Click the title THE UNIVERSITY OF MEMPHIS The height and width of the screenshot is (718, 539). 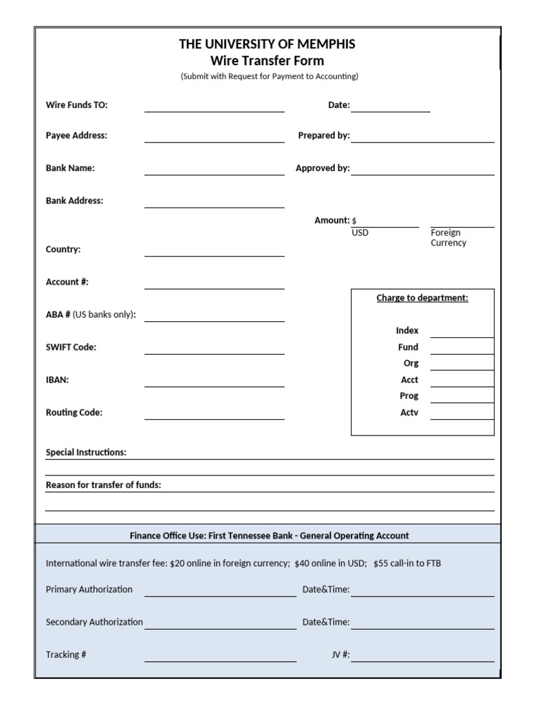click(x=267, y=44)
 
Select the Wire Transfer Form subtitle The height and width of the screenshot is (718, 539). click(x=267, y=61)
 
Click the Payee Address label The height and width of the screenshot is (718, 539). click(x=76, y=135)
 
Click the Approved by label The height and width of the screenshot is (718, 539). click(x=322, y=168)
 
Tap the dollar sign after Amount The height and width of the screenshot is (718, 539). click(x=354, y=221)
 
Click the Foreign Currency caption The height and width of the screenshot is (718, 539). click(x=448, y=238)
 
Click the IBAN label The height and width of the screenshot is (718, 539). click(x=57, y=380)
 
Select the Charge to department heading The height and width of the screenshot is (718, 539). click(x=422, y=298)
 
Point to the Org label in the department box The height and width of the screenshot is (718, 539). click(x=411, y=363)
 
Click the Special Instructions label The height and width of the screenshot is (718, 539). click(x=86, y=452)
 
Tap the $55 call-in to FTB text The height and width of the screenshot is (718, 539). click(x=407, y=563)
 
